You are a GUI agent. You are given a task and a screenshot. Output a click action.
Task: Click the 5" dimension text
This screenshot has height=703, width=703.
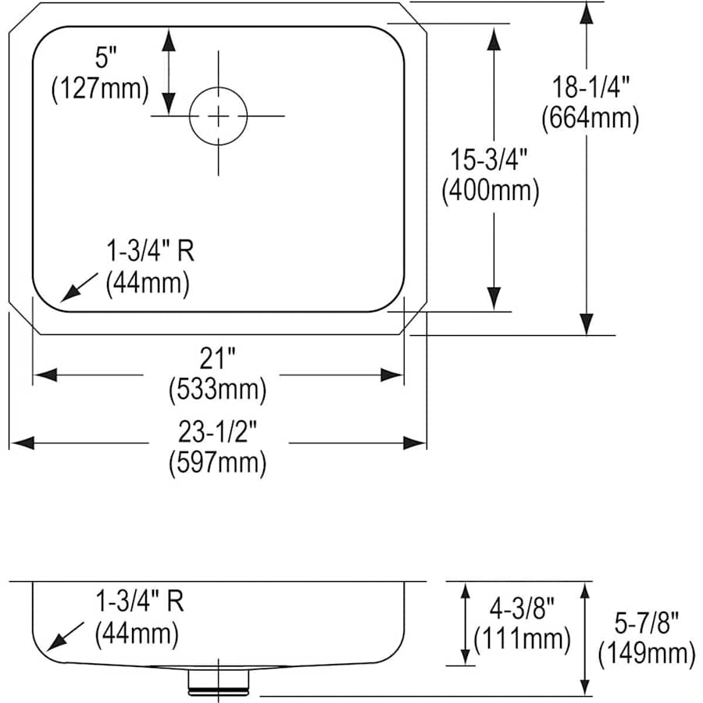click(x=105, y=58)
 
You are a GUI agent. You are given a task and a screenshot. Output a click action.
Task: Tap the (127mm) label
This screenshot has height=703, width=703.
click(x=100, y=89)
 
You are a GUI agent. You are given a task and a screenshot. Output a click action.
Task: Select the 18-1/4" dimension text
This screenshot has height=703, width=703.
click(x=591, y=87)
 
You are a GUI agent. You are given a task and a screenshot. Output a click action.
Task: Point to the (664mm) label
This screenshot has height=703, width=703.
click(x=591, y=119)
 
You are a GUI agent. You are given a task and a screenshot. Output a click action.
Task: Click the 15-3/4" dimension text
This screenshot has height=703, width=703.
click(x=489, y=159)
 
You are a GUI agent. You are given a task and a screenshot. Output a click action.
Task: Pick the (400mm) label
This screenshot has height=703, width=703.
click(x=491, y=191)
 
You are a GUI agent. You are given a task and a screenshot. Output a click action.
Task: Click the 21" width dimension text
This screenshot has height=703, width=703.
click(x=217, y=359)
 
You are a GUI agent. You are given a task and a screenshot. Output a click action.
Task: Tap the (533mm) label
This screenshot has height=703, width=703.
click(x=217, y=389)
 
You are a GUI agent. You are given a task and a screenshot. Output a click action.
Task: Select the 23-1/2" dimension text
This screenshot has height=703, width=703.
click(x=217, y=432)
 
